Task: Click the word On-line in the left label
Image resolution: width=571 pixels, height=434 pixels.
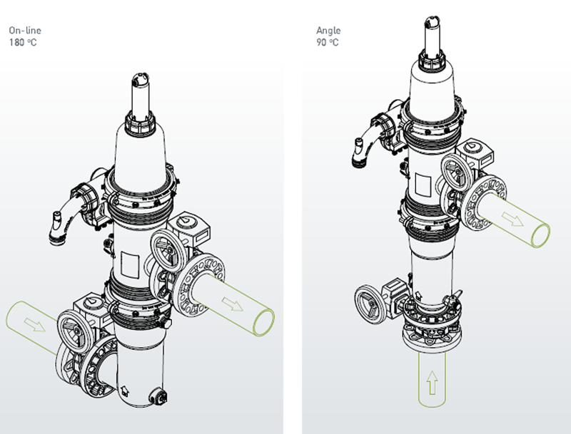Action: (25, 31)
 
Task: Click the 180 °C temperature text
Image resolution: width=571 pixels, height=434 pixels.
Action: (23, 43)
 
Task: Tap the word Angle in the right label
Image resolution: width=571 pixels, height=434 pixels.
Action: (328, 31)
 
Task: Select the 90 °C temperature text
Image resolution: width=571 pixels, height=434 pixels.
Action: (328, 43)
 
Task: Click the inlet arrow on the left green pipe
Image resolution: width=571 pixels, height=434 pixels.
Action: (35, 324)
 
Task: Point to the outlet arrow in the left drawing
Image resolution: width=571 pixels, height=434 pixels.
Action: (233, 304)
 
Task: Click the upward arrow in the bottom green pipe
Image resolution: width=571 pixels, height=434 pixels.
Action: (432, 383)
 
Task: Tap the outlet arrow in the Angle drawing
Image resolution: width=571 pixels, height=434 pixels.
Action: (512, 219)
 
